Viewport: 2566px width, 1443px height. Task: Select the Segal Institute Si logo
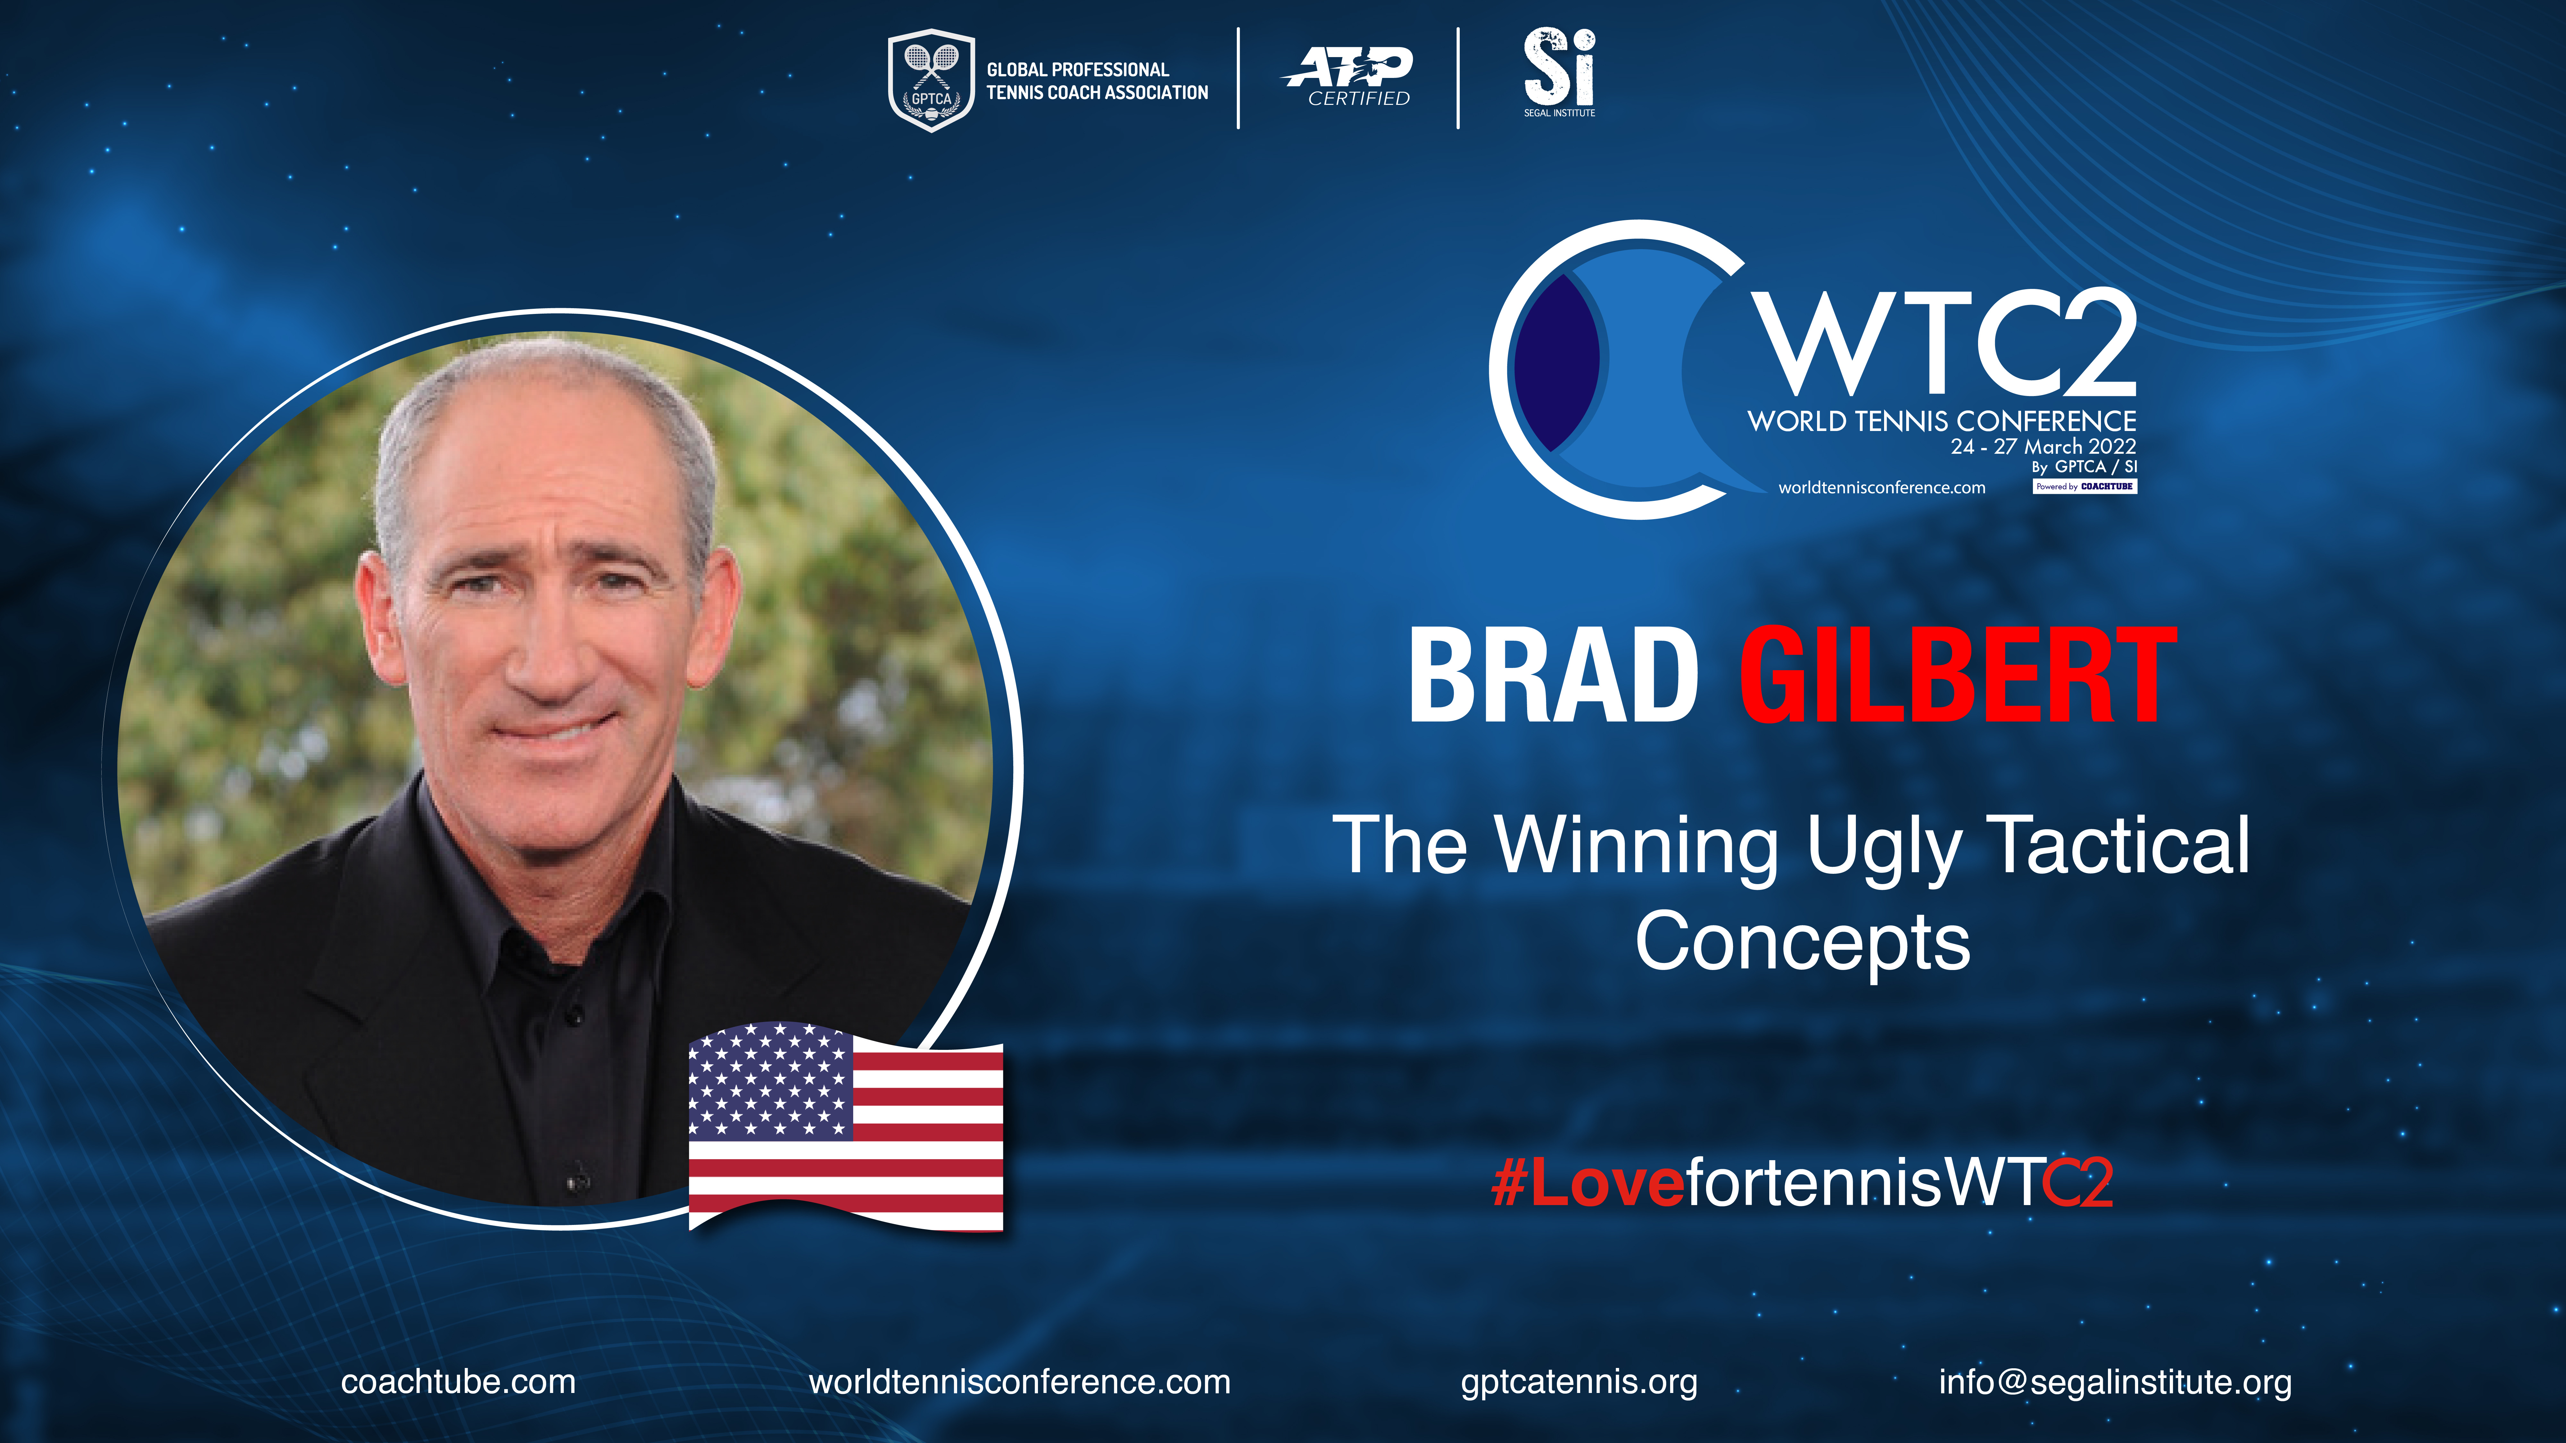[x=1559, y=72]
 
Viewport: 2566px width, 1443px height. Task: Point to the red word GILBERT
[x=1957, y=675]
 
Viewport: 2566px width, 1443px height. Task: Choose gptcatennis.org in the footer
[x=1579, y=1382]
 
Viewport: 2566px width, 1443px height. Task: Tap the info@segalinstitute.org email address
[x=2115, y=1382]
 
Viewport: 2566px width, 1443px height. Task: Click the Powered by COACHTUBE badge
[x=2085, y=486]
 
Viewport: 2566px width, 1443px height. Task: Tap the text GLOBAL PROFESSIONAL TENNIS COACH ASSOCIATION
[x=1097, y=81]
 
